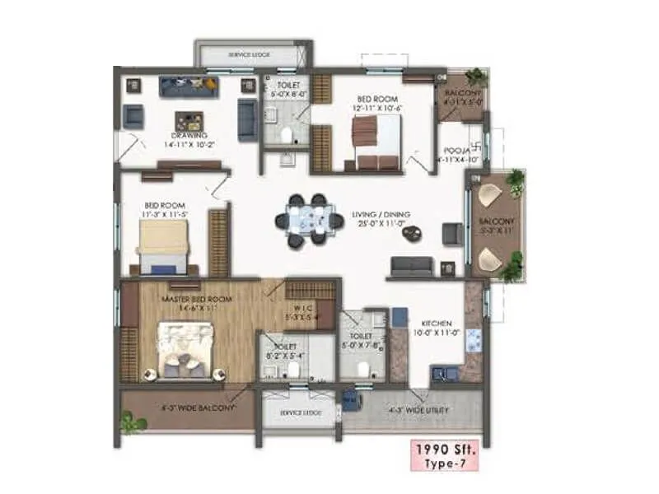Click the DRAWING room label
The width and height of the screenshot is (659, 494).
pyautogui.click(x=189, y=135)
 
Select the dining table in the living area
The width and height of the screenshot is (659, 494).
pyautogui.click(x=307, y=221)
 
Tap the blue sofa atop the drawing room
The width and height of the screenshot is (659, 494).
pyautogui.click(x=187, y=86)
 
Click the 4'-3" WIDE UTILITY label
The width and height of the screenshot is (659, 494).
pyautogui.click(x=417, y=407)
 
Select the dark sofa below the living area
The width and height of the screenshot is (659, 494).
pyautogui.click(x=411, y=265)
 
